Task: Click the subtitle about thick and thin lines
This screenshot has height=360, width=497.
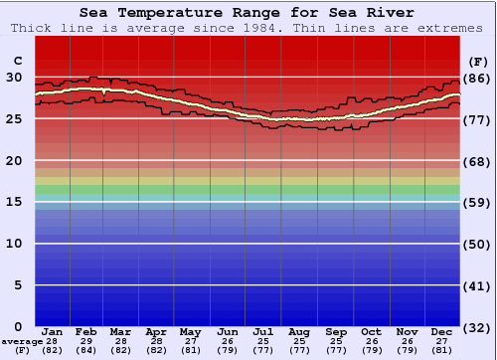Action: (248, 28)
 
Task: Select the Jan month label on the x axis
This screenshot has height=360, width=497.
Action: (53, 332)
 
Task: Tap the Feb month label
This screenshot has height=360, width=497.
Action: (87, 332)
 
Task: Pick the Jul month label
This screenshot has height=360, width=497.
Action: (263, 332)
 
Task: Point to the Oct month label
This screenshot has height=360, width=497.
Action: (371, 332)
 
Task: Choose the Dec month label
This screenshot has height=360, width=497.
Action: (441, 332)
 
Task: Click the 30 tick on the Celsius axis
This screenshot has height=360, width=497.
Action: (14, 78)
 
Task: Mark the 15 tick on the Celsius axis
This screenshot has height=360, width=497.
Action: (14, 202)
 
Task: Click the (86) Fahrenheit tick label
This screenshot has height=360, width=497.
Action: (477, 78)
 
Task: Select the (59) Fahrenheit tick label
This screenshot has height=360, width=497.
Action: (477, 202)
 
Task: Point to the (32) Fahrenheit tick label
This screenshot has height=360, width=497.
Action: (477, 327)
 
